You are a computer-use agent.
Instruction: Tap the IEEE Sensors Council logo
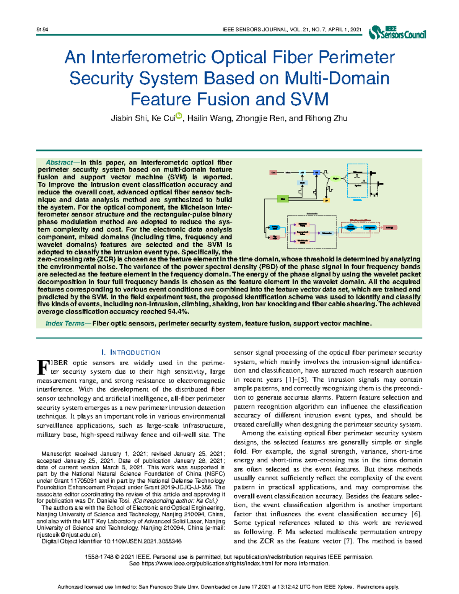pos(397,33)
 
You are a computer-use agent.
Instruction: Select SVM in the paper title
pos(309,99)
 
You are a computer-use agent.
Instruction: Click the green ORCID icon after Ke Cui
pos(179,116)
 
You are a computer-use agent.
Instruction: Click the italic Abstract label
pos(59,163)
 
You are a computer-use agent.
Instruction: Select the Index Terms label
pos(65,324)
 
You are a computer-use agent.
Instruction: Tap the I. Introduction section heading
pos(130,352)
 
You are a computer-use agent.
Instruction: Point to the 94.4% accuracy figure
pos(179,311)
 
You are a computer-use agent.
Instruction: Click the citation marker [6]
pos(416,514)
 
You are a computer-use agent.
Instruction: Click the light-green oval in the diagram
pos(336,179)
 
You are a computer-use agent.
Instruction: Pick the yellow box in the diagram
pos(326,200)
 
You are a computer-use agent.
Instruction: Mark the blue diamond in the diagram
pos(350,228)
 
